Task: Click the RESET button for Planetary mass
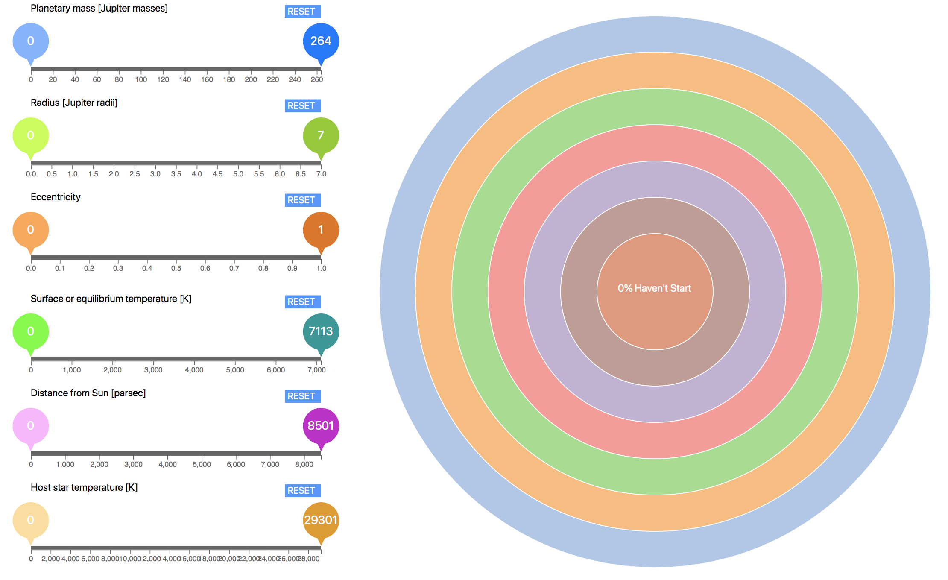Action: coord(302,12)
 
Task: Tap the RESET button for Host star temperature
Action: coord(302,491)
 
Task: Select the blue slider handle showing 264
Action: coord(321,41)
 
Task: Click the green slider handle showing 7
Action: coord(321,136)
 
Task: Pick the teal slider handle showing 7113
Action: coord(321,332)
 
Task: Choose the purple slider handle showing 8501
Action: coord(321,426)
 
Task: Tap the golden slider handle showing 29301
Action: coord(321,521)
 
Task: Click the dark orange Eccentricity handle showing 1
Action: coord(321,230)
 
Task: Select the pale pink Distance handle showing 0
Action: coord(31,426)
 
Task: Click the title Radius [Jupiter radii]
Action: coord(74,103)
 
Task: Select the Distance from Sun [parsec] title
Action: coord(88,393)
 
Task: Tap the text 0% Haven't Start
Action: coord(654,289)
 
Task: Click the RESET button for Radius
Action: coord(302,106)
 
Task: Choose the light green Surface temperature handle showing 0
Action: coord(31,332)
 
